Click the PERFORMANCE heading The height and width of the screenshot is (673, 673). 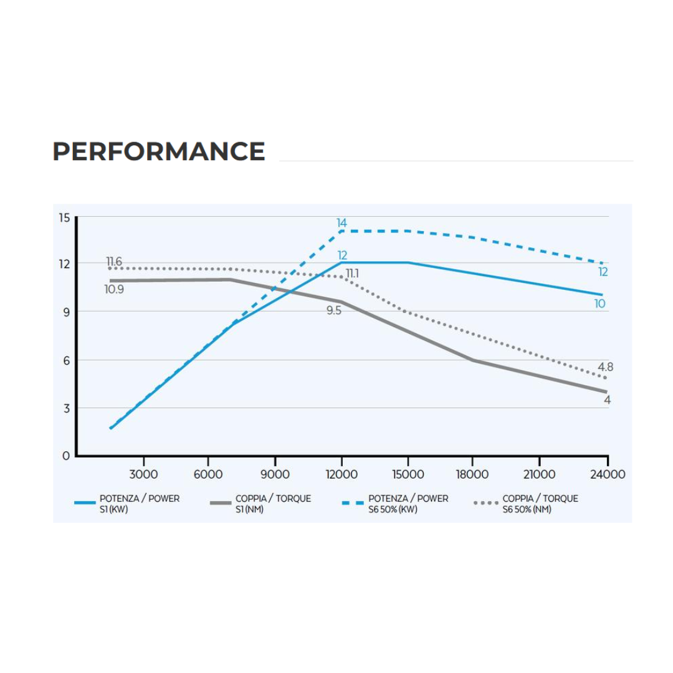tap(159, 151)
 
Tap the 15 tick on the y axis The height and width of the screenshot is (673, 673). tap(64, 217)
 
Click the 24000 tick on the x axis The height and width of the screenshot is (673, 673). tap(607, 474)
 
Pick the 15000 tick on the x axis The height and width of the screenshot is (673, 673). tap(408, 474)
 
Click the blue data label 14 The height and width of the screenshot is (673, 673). tap(341, 222)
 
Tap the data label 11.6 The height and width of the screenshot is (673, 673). tap(114, 262)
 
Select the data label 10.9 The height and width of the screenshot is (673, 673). tap(114, 289)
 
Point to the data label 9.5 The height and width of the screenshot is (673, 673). tap(334, 310)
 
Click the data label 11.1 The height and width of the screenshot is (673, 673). tap(352, 273)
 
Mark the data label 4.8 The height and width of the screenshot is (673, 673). tap(605, 367)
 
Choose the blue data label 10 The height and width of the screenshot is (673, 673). tap(599, 304)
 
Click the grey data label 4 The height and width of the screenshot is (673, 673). tap(607, 400)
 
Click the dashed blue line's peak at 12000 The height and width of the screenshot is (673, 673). tap(341, 231)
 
